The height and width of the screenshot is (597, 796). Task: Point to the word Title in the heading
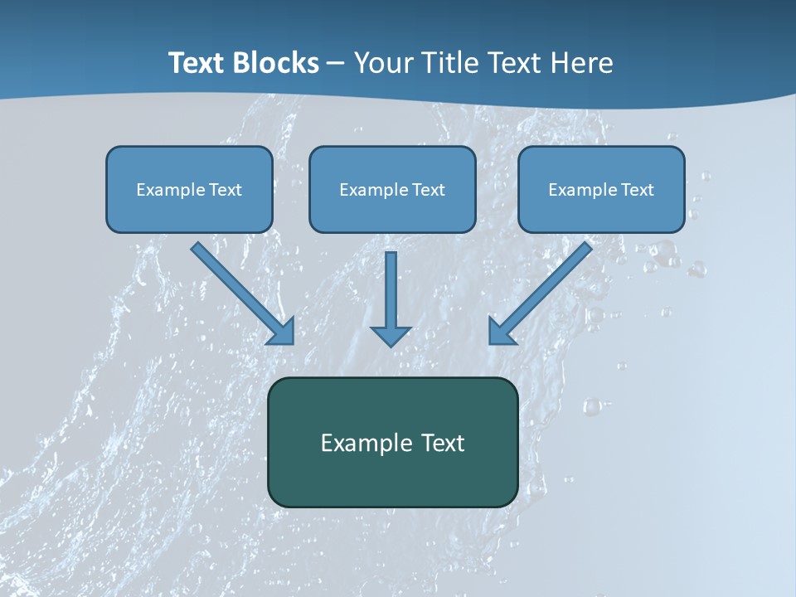pyautogui.click(x=453, y=63)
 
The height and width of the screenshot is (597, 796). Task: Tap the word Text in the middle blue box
pyautogui.click(x=429, y=190)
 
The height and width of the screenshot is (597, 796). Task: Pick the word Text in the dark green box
pyautogui.click(x=443, y=443)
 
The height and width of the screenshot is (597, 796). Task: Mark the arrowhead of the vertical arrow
pyautogui.click(x=391, y=335)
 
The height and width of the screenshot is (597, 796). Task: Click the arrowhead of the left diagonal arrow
pyautogui.click(x=282, y=332)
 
